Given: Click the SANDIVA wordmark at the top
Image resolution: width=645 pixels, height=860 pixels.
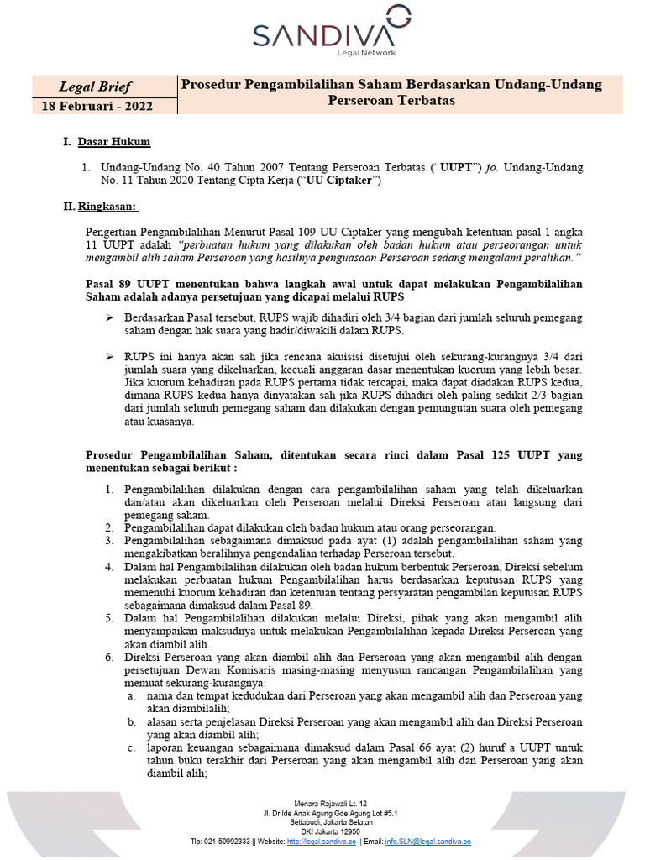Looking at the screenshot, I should pos(324,34).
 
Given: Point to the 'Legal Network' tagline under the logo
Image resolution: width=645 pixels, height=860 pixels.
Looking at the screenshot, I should pos(365,53).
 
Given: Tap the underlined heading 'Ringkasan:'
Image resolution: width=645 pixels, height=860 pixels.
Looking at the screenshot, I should pos(109,206).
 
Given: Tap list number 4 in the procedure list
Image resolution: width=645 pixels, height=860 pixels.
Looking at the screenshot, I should pos(109,567).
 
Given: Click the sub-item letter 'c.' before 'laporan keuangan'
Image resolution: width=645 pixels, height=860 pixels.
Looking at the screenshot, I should pos(132,747).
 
